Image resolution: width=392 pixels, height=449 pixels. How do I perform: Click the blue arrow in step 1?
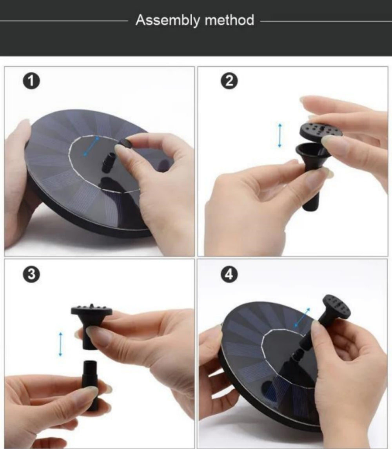(91, 147)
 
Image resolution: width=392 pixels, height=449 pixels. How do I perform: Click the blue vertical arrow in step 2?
(279, 135)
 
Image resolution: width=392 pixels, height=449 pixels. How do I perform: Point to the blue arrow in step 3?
(60, 344)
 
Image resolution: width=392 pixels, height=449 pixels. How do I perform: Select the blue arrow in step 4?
(302, 317)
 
